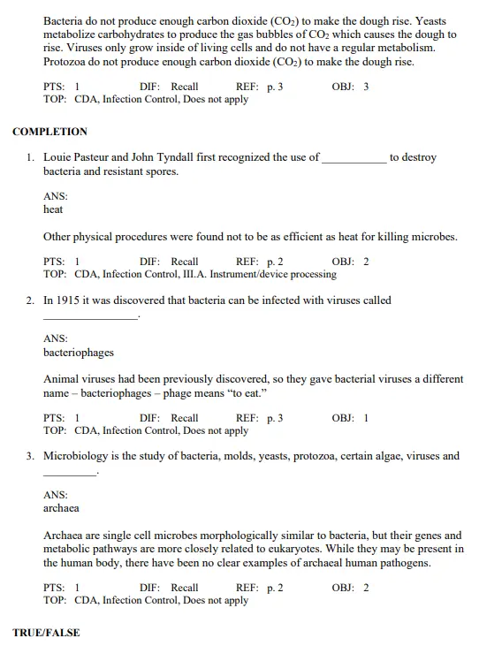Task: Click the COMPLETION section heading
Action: pyautogui.click(x=49, y=132)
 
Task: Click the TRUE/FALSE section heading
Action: pyautogui.click(x=46, y=633)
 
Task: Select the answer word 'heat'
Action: pyautogui.click(x=53, y=209)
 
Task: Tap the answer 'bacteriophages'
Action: pyautogui.click(x=79, y=353)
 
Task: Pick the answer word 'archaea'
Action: pyautogui.click(x=61, y=508)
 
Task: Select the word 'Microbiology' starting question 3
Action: pyautogui.click(x=76, y=457)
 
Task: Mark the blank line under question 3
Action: pyautogui.click(x=69, y=475)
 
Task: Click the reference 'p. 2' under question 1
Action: pyautogui.click(x=275, y=262)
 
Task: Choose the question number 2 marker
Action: pyautogui.click(x=30, y=300)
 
